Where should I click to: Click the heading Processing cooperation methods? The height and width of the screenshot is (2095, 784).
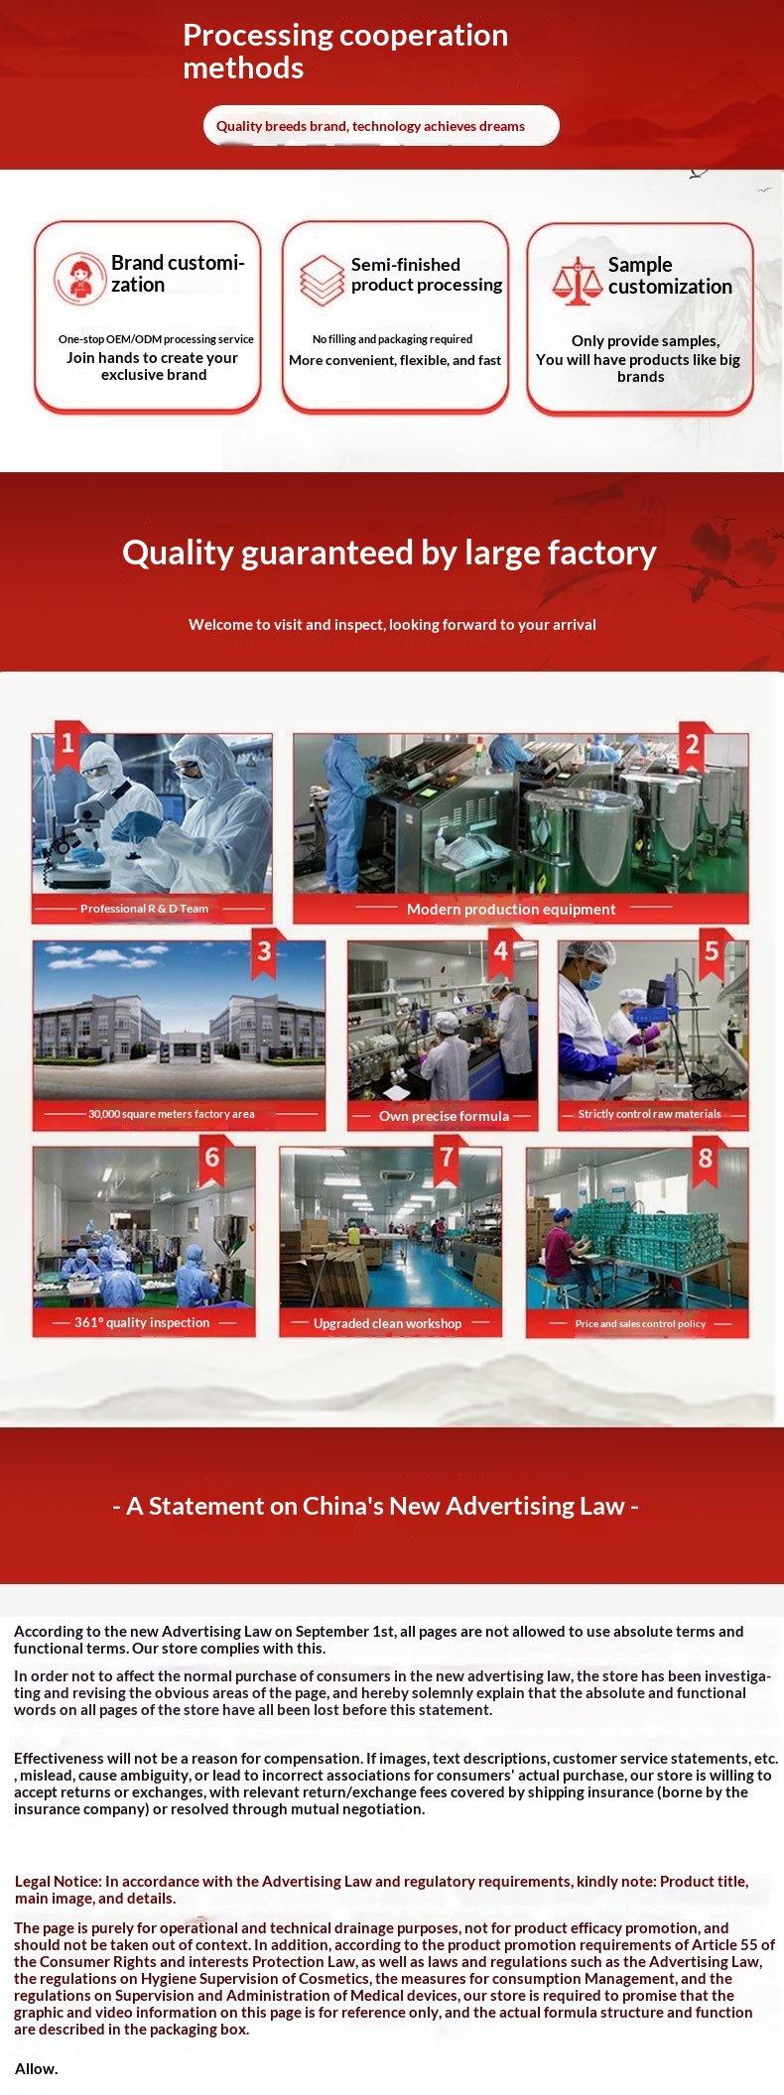[x=345, y=51]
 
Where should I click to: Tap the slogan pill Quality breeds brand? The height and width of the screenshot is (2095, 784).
[x=381, y=126]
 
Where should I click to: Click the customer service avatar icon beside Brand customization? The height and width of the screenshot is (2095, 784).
[x=79, y=278]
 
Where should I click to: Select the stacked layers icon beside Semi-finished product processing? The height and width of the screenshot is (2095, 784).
[x=322, y=280]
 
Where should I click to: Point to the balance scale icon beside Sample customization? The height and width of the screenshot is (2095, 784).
[x=578, y=280]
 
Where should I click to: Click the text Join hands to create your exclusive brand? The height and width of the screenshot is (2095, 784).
[x=153, y=366]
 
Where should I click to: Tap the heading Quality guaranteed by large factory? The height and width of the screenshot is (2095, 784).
[x=389, y=553]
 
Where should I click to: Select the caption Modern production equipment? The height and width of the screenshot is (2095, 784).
[x=511, y=909]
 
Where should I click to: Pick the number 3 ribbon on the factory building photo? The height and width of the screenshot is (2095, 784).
[x=265, y=953]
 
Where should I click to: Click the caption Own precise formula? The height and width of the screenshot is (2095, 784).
[x=444, y=1116]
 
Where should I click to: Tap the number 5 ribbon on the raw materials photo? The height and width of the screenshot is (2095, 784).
[x=712, y=953]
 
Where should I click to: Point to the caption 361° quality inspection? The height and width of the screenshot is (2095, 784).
[x=142, y=1322]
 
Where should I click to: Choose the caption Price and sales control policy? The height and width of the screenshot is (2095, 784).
[x=640, y=1323]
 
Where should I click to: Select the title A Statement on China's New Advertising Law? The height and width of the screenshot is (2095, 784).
[x=375, y=1506]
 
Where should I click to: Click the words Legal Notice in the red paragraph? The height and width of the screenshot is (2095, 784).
[x=58, y=1881]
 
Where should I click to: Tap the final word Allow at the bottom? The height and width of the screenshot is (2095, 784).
[x=36, y=2068]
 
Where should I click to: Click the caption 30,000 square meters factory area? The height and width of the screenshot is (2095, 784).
[x=171, y=1114]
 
